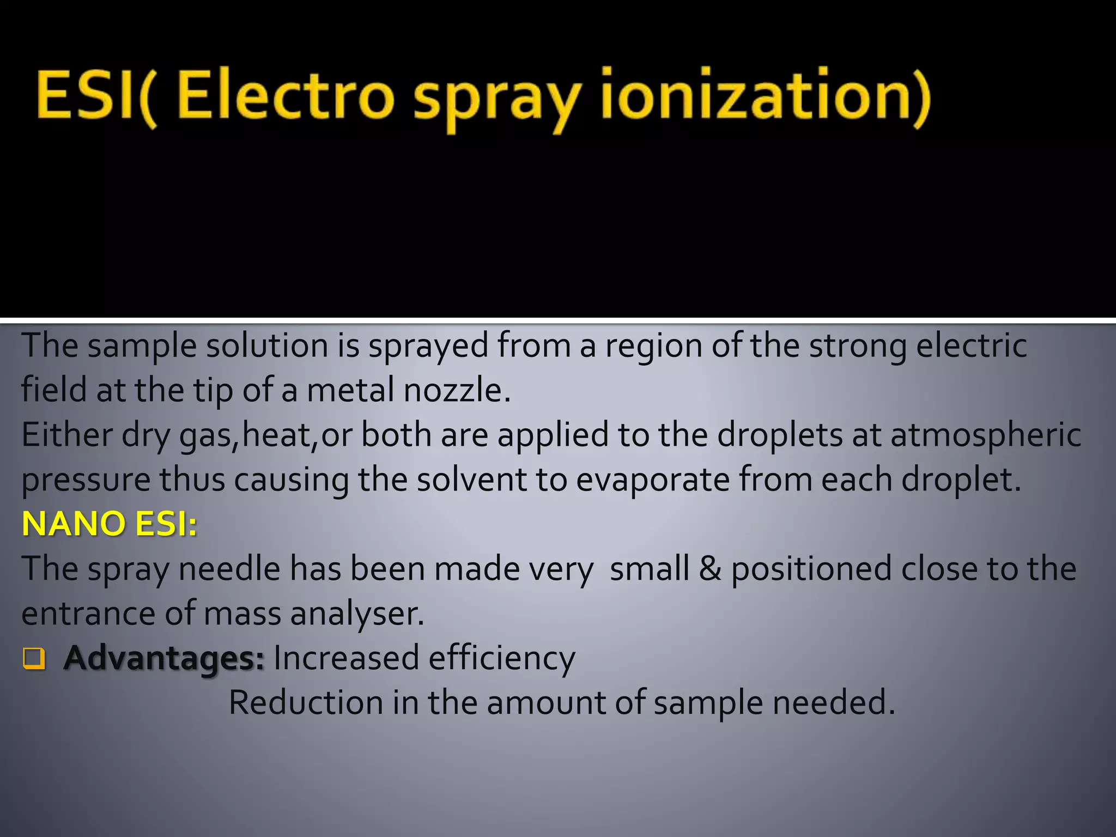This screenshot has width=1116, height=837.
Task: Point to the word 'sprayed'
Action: click(428, 347)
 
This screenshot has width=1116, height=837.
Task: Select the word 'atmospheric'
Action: click(986, 436)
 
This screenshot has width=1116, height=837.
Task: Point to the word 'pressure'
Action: click(86, 481)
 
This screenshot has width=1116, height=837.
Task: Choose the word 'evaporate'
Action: click(653, 481)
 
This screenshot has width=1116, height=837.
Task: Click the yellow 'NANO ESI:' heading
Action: click(109, 524)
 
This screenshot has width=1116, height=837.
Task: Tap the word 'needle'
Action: click(229, 569)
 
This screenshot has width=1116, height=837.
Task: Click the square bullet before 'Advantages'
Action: click(34, 659)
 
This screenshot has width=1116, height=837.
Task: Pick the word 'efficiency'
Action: click(501, 658)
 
